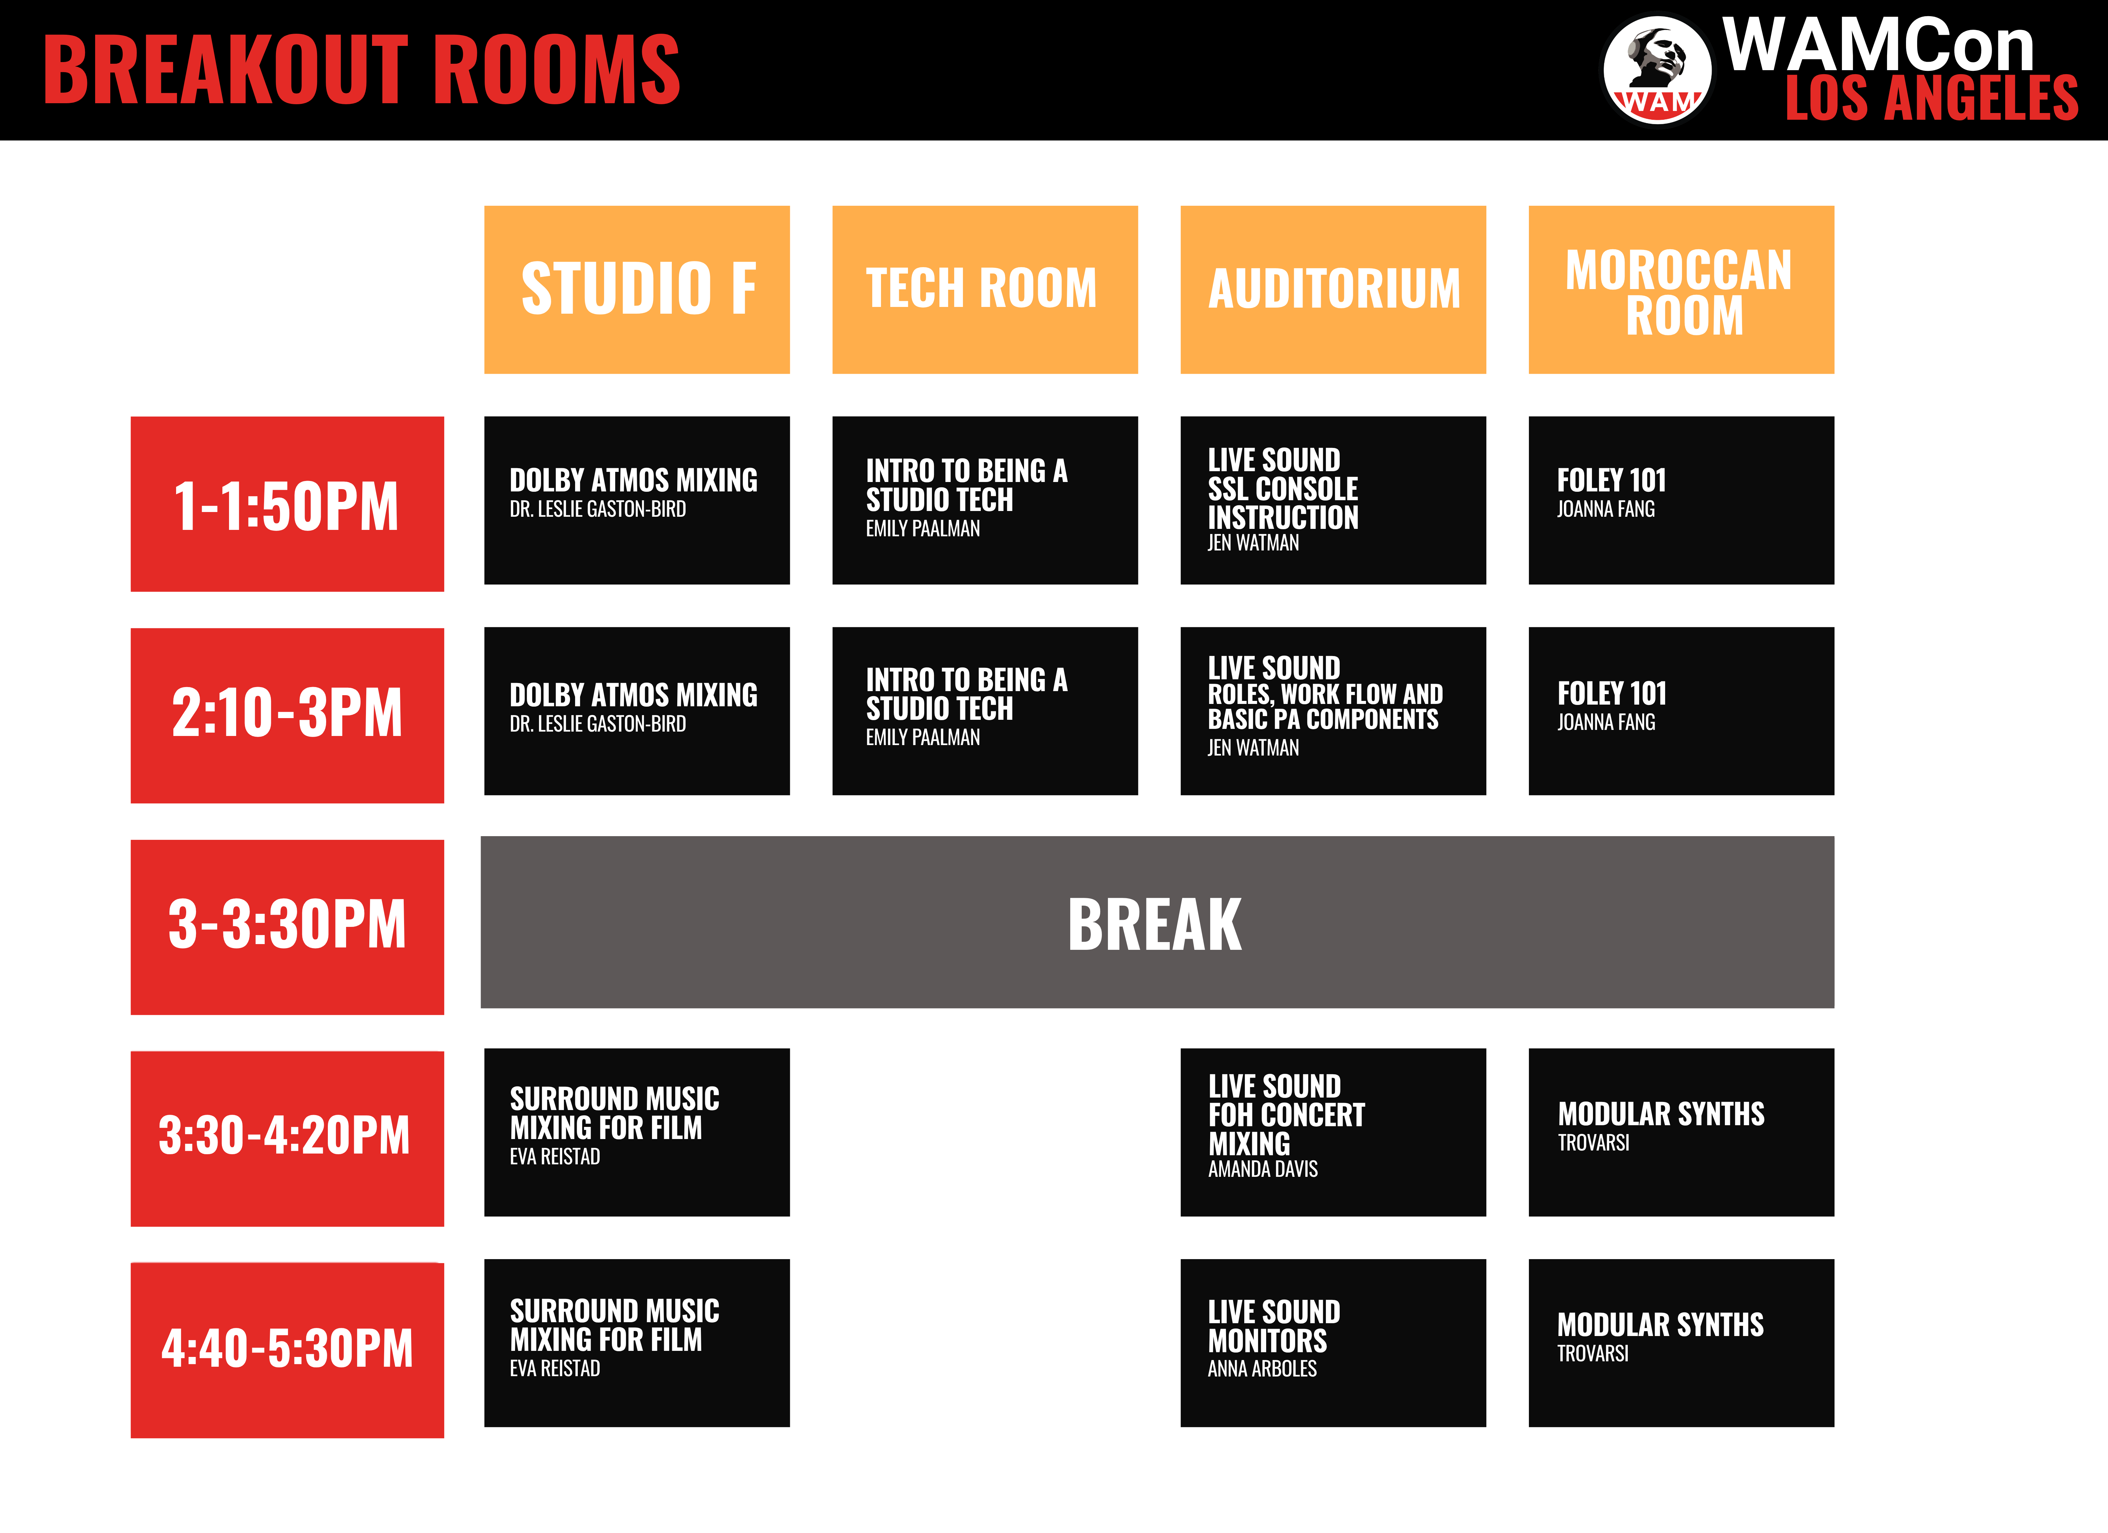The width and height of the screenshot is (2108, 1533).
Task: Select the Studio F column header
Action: coord(637,289)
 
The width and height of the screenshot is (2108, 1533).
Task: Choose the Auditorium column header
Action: coord(1333,289)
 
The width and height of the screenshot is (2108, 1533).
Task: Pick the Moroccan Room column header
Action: coord(1681,289)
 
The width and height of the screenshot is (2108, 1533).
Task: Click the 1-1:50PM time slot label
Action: coord(287,504)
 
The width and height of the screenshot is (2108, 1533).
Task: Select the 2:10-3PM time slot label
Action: coord(287,715)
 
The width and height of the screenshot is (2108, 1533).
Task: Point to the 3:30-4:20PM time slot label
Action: coord(287,1138)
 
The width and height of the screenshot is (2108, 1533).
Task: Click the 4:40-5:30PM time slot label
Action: coord(287,1350)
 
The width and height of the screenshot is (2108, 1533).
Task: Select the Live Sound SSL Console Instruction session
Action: coord(1333,500)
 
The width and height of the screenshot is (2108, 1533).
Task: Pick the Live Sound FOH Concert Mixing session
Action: coord(1333,1132)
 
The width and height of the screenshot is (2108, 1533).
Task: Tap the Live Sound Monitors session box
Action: coord(1333,1342)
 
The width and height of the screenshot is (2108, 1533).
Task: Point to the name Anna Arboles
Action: coord(1262,1368)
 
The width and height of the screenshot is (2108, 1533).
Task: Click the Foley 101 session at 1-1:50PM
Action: coord(1681,500)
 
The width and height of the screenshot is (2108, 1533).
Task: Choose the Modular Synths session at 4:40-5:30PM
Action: coord(1681,1342)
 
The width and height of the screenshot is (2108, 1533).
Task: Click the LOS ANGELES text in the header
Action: coord(1931,98)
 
